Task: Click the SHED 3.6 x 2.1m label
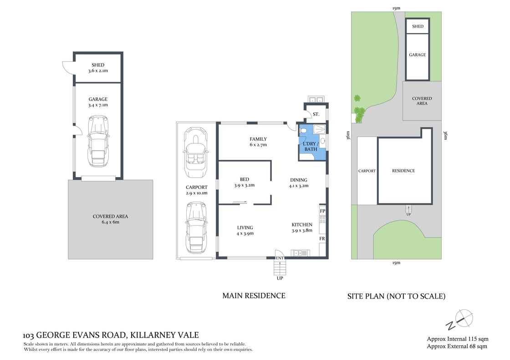click(x=98, y=68)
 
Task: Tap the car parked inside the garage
click(x=98, y=141)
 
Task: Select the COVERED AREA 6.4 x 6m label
click(x=110, y=219)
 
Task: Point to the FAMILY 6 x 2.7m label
click(x=258, y=142)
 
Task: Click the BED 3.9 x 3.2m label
click(x=244, y=182)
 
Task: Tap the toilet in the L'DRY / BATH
click(x=303, y=131)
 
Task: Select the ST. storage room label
click(x=316, y=114)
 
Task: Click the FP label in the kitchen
click(x=322, y=211)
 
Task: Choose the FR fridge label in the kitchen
click(x=322, y=238)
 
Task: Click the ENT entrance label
click(x=280, y=258)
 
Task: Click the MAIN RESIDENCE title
click(x=254, y=296)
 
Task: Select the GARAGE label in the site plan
click(x=417, y=55)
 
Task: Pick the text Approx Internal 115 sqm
click(x=457, y=339)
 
